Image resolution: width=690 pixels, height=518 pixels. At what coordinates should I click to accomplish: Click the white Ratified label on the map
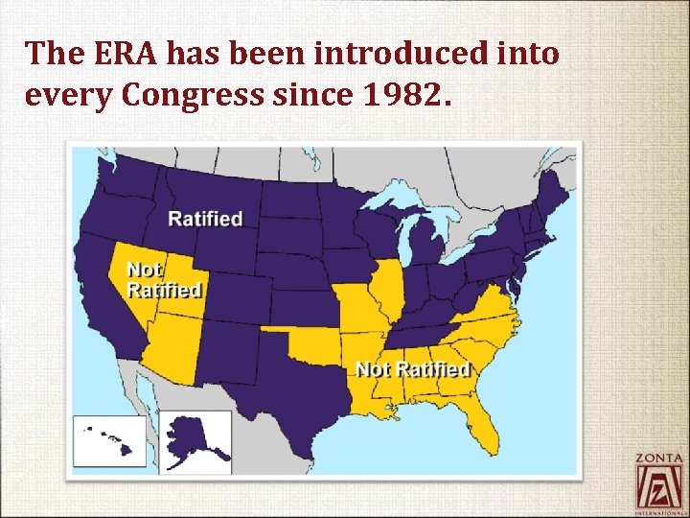coord(205,219)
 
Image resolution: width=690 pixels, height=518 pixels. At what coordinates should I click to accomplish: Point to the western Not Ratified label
coord(164,278)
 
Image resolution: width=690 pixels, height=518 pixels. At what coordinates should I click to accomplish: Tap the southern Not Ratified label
coord(412,368)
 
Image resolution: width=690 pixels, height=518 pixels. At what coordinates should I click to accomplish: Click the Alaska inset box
coord(195,440)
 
